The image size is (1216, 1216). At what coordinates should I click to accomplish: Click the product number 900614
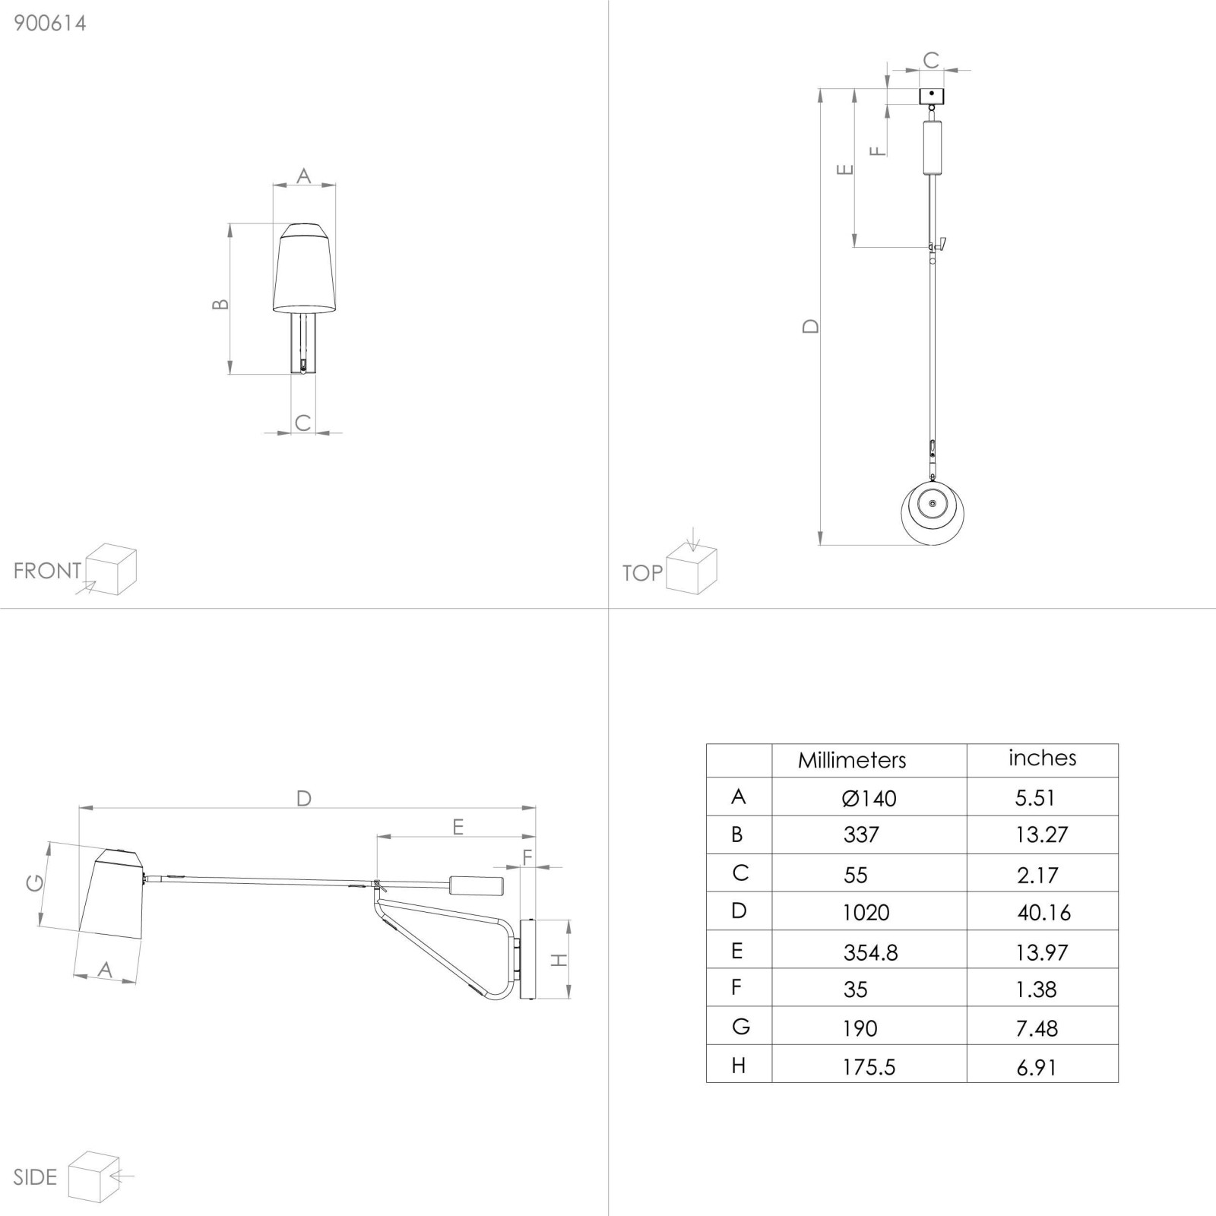[x=50, y=23]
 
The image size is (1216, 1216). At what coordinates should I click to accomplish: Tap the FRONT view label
[x=47, y=571]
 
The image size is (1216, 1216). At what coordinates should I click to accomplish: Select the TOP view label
[x=642, y=573]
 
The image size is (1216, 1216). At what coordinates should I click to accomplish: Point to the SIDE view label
[x=35, y=1177]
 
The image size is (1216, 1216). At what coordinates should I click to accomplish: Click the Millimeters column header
[x=852, y=760]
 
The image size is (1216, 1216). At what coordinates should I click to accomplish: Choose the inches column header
[x=1043, y=758]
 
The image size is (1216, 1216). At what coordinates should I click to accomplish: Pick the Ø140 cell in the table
[x=869, y=798]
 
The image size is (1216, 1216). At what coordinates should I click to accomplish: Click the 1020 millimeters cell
[x=866, y=912]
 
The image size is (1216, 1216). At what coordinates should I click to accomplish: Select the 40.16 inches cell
[x=1044, y=912]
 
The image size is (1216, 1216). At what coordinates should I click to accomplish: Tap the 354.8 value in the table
[x=871, y=952]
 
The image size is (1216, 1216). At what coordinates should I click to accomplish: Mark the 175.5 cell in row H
[x=869, y=1067]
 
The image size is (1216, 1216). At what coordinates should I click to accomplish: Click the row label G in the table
[x=741, y=1027]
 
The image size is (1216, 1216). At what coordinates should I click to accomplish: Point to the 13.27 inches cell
[x=1042, y=834]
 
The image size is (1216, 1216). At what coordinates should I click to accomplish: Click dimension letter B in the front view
[x=220, y=304]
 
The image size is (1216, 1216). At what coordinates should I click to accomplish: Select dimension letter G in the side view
[x=35, y=882]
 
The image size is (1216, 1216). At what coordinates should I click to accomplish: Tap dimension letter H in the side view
[x=559, y=960]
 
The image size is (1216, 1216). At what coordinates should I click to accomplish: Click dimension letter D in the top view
[x=811, y=326]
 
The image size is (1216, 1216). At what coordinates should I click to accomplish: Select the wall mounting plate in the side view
[x=527, y=960]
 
